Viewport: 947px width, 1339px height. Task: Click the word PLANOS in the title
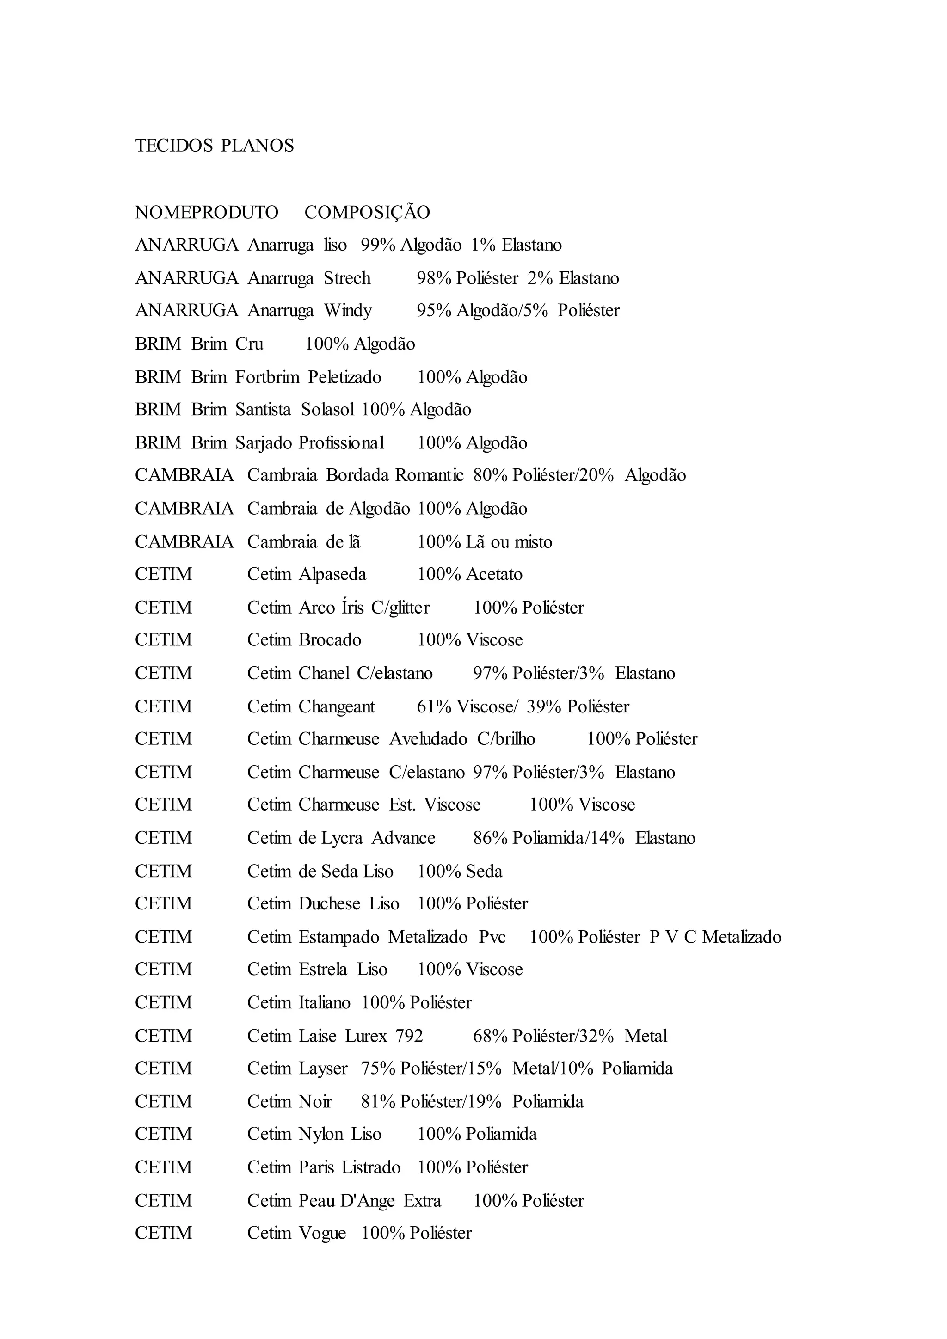coord(257,146)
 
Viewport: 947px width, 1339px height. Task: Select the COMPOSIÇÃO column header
coord(367,212)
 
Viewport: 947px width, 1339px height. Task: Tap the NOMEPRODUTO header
coord(206,212)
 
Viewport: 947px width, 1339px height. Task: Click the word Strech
coord(347,278)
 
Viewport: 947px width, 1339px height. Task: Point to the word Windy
coord(348,310)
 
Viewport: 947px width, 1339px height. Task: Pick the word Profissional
coord(341,443)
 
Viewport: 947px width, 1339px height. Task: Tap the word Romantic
coord(429,475)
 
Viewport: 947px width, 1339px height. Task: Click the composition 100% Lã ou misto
coord(485,542)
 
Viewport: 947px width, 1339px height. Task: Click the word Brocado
coord(330,640)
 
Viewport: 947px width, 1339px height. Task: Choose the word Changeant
coord(337,707)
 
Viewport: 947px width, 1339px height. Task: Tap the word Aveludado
coord(428,739)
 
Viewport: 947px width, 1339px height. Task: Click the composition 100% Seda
coord(460,872)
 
